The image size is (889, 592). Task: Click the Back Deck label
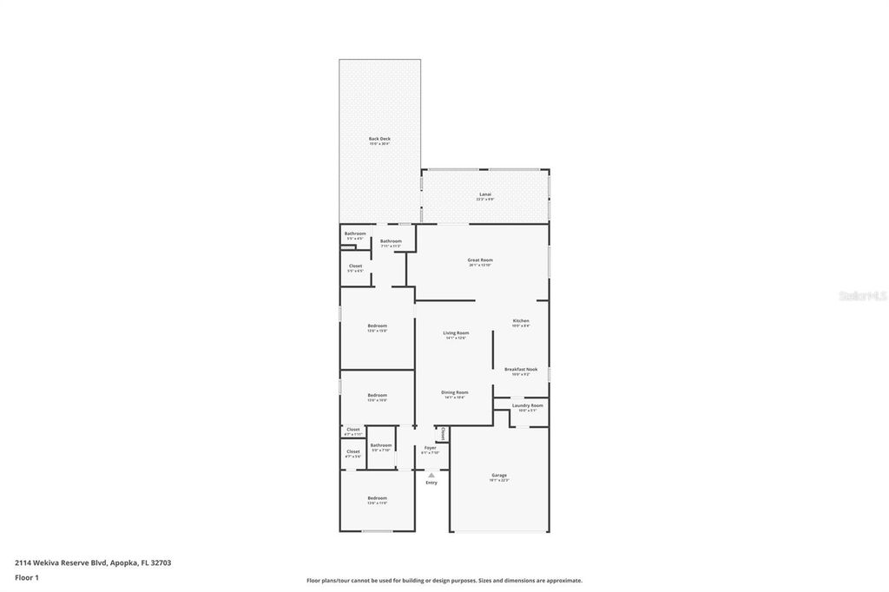pyautogui.click(x=379, y=139)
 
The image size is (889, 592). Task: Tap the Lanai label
pyautogui.click(x=484, y=194)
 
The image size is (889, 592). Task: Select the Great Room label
pyautogui.click(x=480, y=260)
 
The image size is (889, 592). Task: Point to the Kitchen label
pyautogui.click(x=520, y=320)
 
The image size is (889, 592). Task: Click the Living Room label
pyautogui.click(x=456, y=332)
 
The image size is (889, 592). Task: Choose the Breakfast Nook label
pyautogui.click(x=521, y=369)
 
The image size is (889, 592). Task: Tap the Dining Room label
pyautogui.click(x=456, y=392)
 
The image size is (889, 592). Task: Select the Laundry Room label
pyautogui.click(x=527, y=405)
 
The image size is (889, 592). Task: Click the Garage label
pyautogui.click(x=499, y=475)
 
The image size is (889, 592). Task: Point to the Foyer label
pyautogui.click(x=431, y=447)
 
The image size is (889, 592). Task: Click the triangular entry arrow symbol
pyautogui.click(x=431, y=474)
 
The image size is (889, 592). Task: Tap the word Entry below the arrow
pyautogui.click(x=431, y=483)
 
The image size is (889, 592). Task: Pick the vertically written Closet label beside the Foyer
pyautogui.click(x=443, y=433)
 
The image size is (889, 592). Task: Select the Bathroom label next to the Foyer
pyautogui.click(x=381, y=445)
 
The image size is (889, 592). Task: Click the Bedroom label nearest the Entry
pyautogui.click(x=377, y=498)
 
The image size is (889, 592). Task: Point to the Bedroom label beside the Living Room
pyautogui.click(x=377, y=326)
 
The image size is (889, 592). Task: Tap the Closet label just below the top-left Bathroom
pyautogui.click(x=355, y=266)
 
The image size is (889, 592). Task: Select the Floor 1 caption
pyautogui.click(x=27, y=577)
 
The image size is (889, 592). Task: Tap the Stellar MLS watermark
pyautogui.click(x=861, y=296)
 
